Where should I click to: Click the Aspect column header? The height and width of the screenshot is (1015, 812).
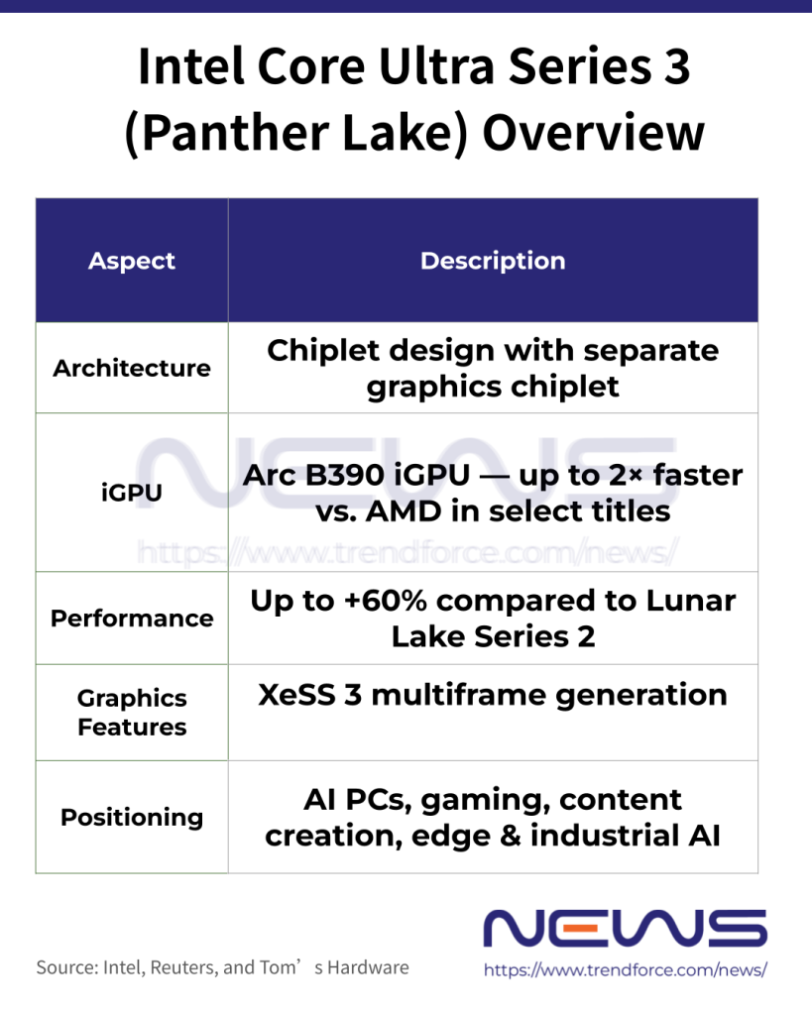[132, 261]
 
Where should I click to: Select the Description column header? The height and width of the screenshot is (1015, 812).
[493, 261]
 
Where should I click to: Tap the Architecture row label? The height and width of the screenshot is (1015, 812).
[132, 368]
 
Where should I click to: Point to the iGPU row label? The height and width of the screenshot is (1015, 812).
[132, 493]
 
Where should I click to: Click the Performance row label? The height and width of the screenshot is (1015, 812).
[132, 618]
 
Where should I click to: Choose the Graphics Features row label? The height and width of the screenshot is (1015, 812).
[132, 712]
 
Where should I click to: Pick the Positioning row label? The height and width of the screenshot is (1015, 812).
[132, 817]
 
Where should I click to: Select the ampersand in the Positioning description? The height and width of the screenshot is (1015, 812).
[512, 836]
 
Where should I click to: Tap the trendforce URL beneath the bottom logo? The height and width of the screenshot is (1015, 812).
[625, 970]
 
